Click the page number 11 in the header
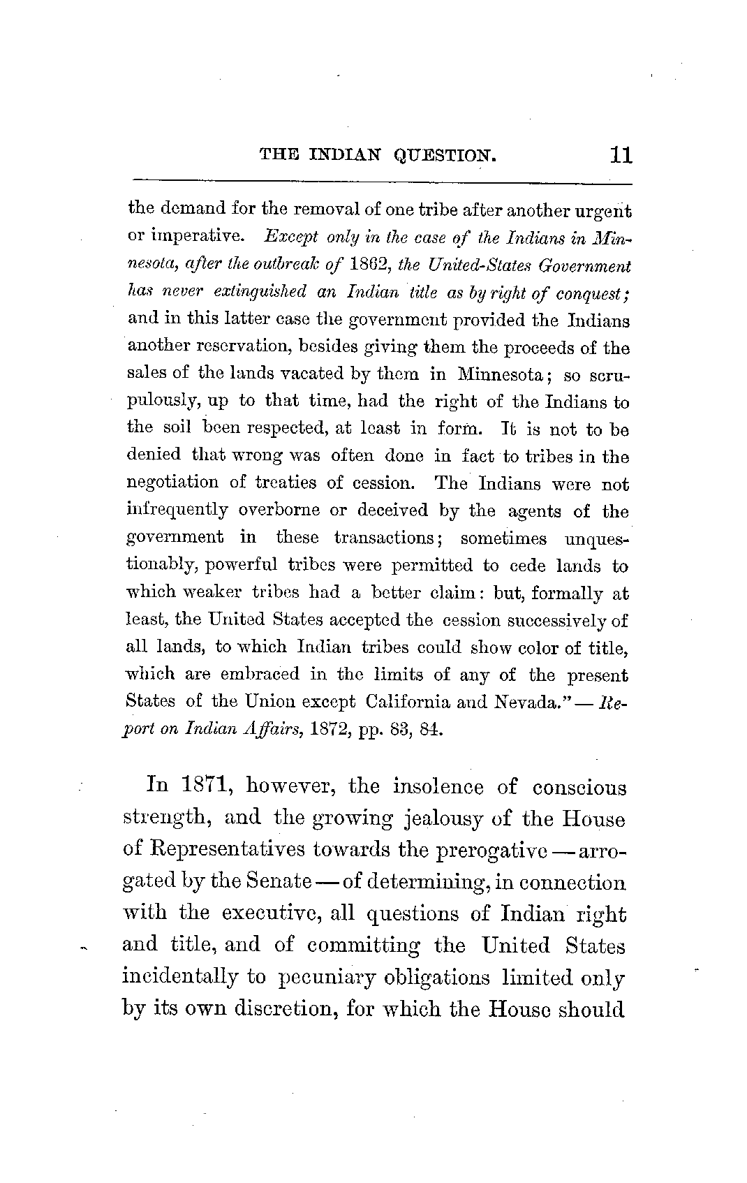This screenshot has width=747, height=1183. point(620,154)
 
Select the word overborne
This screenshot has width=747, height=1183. point(281,510)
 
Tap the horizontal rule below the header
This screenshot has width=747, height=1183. point(381,184)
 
